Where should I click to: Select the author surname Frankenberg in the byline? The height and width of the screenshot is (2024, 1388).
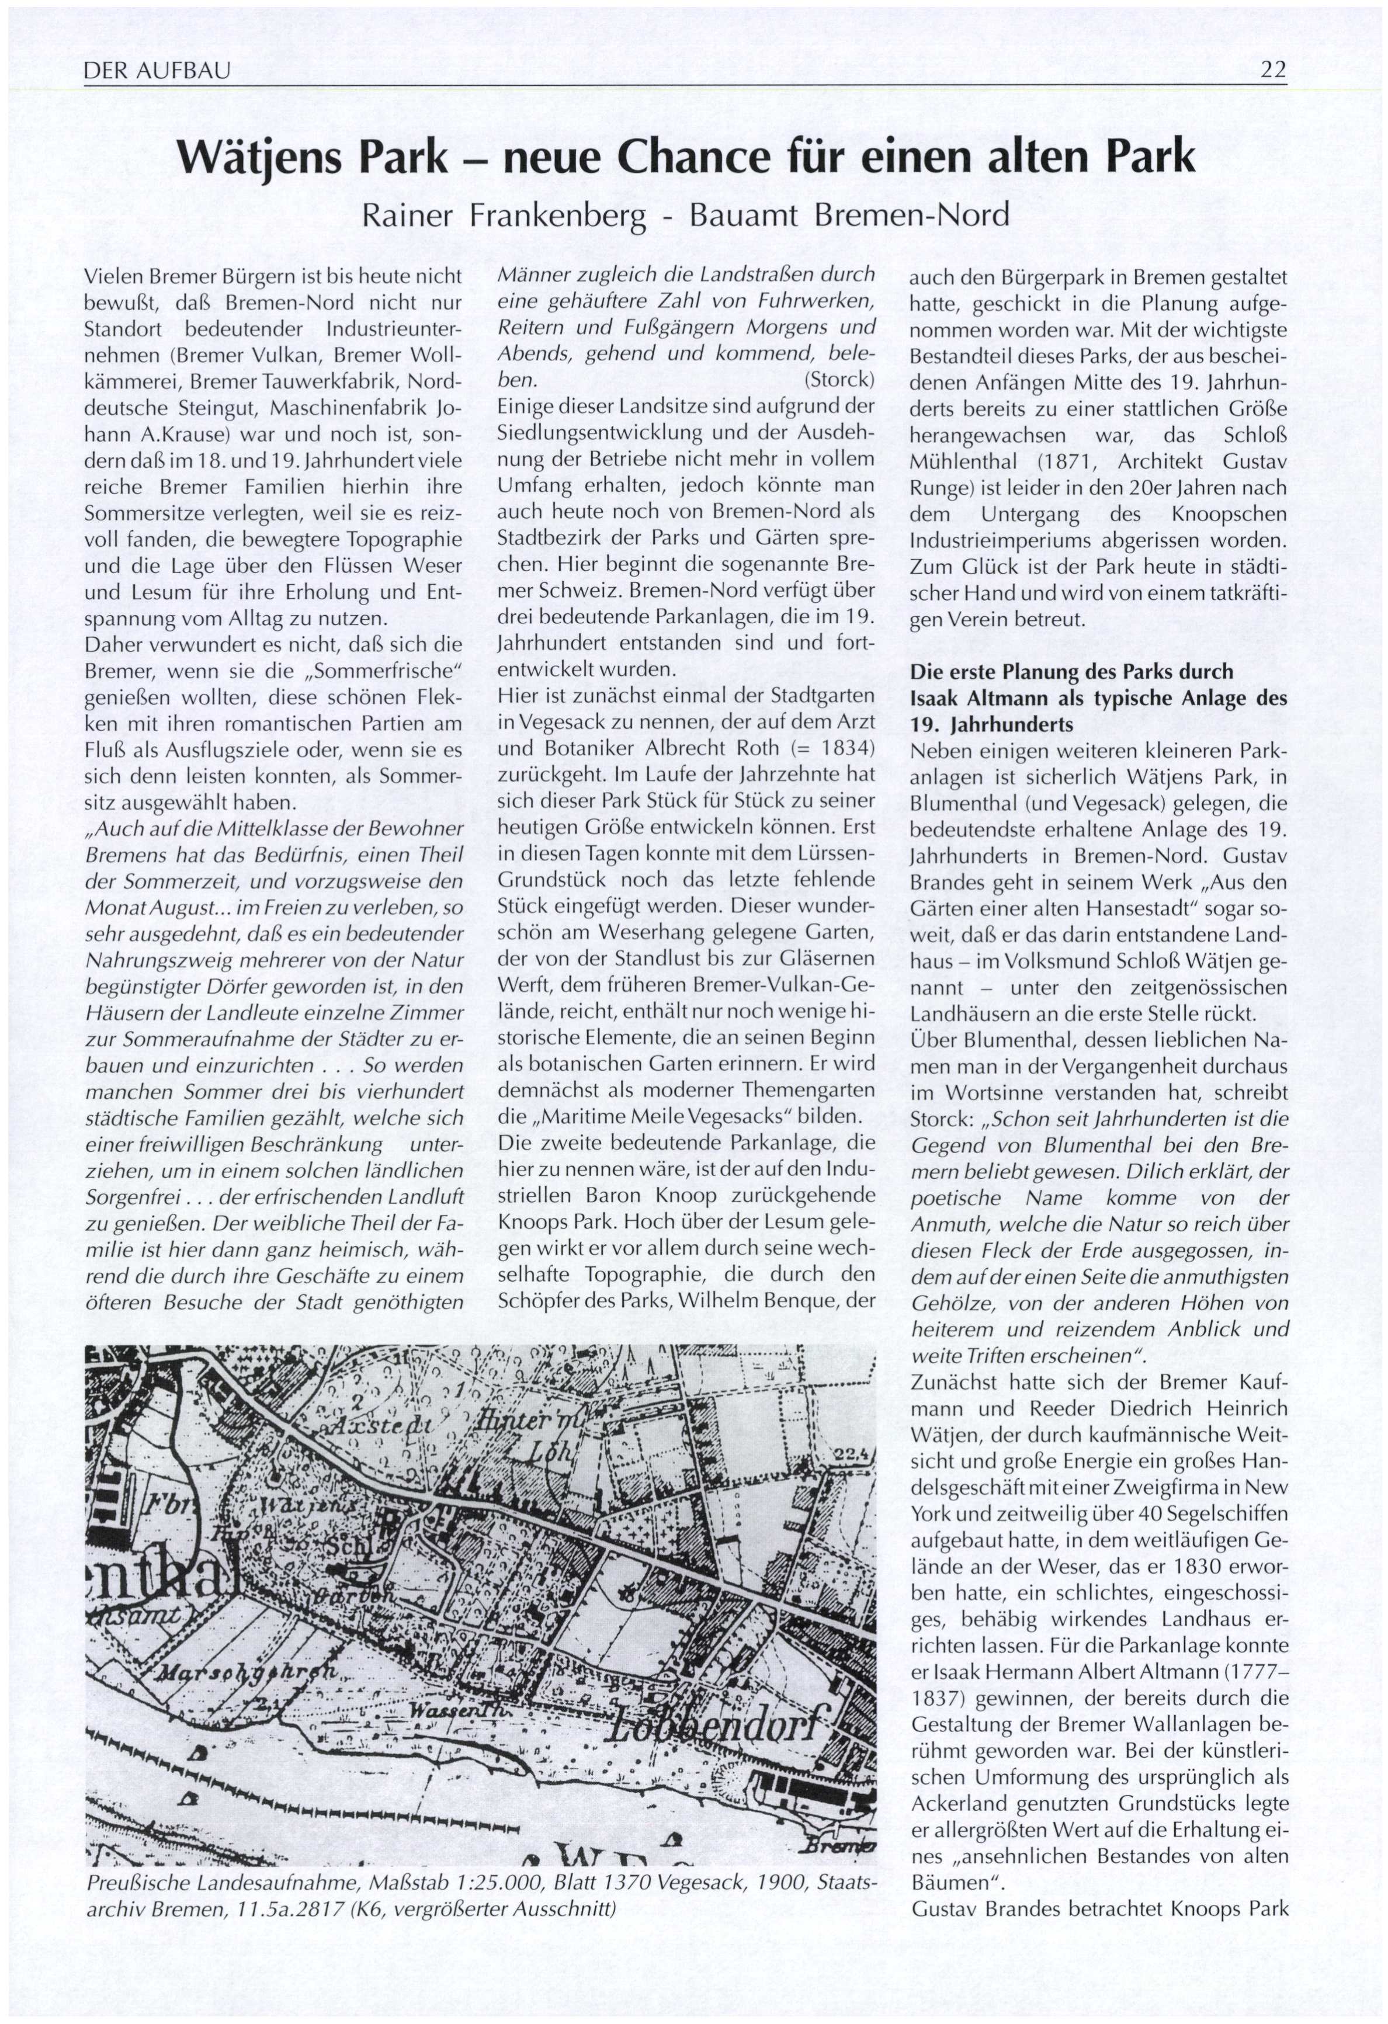pos(557,214)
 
